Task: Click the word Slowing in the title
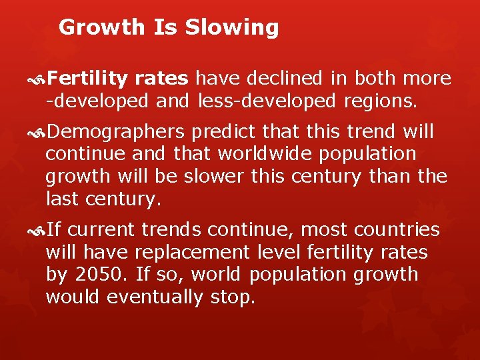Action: tap(232, 27)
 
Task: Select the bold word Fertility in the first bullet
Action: tap(87, 79)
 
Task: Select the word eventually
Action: tap(153, 297)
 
